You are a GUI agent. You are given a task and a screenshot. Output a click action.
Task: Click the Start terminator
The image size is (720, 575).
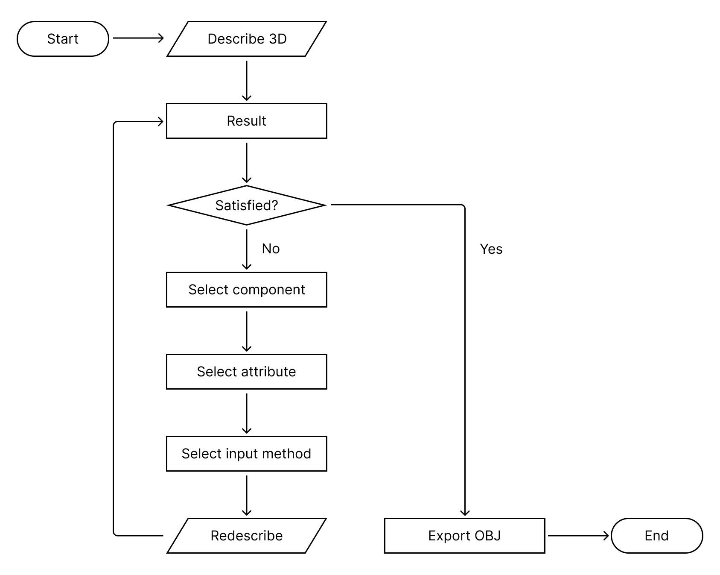[x=63, y=39]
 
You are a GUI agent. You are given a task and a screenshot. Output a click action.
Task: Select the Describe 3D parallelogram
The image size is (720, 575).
[x=247, y=39]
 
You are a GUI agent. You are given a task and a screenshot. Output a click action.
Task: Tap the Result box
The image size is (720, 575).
[x=247, y=121]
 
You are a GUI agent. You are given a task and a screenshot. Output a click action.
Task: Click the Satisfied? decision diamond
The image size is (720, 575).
[x=247, y=205]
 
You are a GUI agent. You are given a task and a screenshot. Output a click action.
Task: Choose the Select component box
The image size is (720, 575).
[x=247, y=290]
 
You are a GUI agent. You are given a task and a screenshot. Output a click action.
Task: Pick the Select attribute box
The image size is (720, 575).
[x=247, y=372]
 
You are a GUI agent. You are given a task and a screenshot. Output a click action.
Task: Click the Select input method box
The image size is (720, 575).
[x=247, y=454]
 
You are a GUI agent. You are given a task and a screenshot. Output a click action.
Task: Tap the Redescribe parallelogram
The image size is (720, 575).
[x=247, y=536]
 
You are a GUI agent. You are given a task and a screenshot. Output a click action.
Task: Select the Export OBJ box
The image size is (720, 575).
[x=464, y=536]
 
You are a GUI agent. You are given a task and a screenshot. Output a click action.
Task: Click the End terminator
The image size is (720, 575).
[x=656, y=536]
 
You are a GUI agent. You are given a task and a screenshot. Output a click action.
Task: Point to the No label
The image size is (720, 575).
[x=271, y=249]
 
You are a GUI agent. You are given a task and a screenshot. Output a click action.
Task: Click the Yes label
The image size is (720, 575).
[x=491, y=249]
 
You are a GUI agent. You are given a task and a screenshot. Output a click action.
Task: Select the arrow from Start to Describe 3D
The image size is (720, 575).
[x=138, y=38]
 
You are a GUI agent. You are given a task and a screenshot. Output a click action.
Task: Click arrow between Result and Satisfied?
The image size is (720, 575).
[x=247, y=162]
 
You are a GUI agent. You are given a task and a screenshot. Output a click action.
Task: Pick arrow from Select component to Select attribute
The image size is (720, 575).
[x=247, y=331]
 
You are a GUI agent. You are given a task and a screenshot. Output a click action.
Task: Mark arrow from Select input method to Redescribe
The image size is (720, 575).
[x=247, y=495]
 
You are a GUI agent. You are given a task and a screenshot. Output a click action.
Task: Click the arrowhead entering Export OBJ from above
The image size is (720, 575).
[x=465, y=513]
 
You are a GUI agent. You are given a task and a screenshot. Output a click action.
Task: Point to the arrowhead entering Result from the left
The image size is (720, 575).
[x=160, y=122]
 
